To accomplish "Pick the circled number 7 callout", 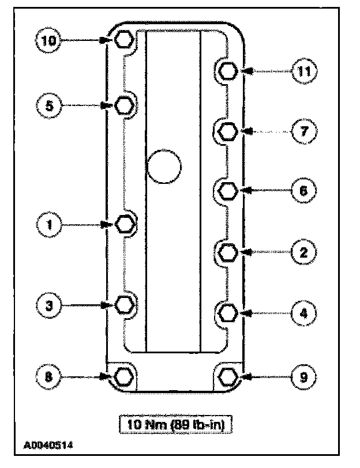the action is point(303,131).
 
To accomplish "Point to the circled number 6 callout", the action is point(303,190).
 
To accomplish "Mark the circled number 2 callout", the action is point(303,252).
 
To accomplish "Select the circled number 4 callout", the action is point(303,314).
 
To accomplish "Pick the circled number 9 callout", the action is point(303,378).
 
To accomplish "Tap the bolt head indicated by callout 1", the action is point(124,224).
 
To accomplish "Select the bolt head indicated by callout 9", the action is point(229,377).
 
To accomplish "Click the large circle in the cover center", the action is point(164,167).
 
